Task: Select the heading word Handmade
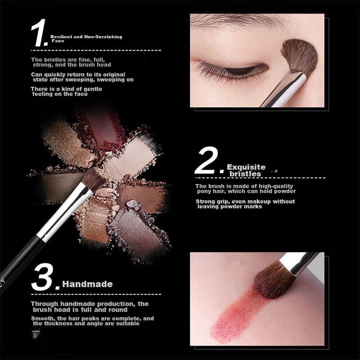coord(87,284)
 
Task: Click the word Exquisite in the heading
coord(246,167)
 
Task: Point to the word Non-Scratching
coord(103,37)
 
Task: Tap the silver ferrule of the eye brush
coord(285,90)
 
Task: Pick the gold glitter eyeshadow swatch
coord(67,142)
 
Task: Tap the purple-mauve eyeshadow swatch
coord(138,232)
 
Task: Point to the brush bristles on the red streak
coord(274,279)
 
